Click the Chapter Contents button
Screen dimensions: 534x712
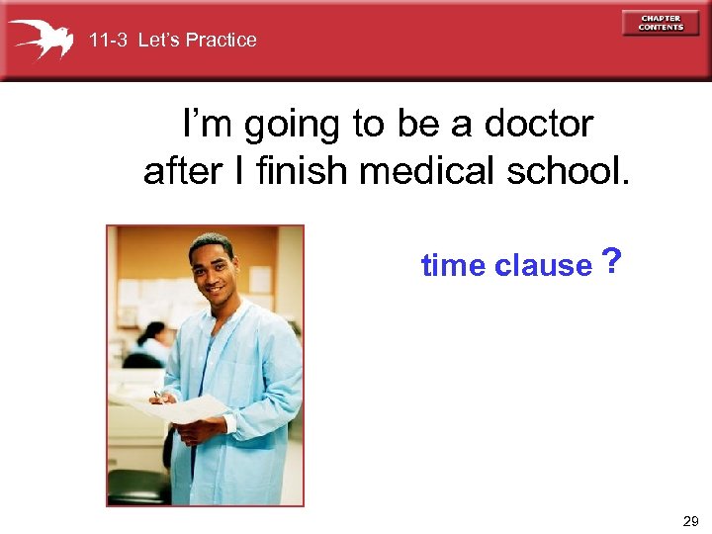coord(660,23)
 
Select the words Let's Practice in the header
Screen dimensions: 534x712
coord(197,41)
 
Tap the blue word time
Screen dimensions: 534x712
coord(453,265)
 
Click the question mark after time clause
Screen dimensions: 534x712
coord(612,263)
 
